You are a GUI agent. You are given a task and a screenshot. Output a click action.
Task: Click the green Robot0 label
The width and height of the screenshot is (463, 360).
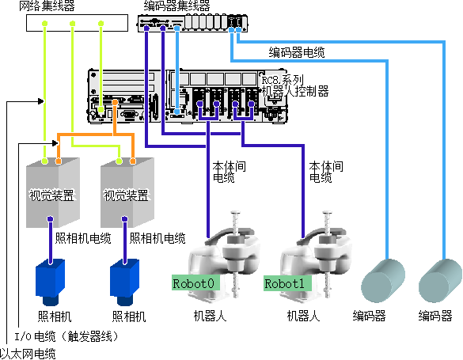pos(195,283)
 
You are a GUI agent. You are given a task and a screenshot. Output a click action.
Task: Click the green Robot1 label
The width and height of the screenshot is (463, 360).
pos(287,283)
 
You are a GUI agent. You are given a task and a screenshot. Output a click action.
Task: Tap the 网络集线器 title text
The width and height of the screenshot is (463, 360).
pos(47,6)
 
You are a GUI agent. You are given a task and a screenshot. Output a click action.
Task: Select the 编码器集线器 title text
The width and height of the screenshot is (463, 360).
pos(176,6)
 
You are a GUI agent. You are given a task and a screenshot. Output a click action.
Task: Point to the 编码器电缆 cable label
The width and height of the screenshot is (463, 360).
pos(297,52)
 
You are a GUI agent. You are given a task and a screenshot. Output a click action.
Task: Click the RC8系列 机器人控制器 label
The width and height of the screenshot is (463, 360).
pos(295,86)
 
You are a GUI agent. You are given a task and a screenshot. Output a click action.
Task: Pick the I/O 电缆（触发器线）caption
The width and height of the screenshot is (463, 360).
pos(66,336)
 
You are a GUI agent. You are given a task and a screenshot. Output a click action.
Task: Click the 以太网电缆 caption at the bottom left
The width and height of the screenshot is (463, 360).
pos(28,354)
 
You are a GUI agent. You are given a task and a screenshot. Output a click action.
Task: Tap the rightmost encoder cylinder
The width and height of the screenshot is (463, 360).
pos(441,281)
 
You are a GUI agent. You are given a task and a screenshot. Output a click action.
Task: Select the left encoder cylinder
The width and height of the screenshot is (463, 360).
pos(383,281)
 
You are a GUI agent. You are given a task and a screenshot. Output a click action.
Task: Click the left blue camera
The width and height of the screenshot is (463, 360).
pos(50,282)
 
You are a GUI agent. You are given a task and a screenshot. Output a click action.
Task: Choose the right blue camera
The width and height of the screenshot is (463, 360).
pos(124,282)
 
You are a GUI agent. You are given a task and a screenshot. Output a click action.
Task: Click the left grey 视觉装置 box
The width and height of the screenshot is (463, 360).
pos(53,193)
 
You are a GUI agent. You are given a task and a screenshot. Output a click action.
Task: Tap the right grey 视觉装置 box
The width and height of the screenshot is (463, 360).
pos(127,193)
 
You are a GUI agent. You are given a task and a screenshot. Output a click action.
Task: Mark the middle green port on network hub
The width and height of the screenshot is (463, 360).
pos(72,23)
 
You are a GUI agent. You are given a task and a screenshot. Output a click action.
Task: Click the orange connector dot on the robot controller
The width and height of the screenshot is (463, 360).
pos(115,102)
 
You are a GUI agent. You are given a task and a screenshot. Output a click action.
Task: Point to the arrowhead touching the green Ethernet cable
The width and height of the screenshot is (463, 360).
pos(41,101)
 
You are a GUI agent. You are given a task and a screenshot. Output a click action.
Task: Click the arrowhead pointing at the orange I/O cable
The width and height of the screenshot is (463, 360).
pos(55,143)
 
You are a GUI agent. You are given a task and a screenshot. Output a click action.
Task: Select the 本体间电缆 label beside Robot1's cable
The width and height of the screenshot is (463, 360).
pos(326,172)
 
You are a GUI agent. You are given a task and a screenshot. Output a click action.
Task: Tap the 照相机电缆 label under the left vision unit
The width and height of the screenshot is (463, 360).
pos(83,238)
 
